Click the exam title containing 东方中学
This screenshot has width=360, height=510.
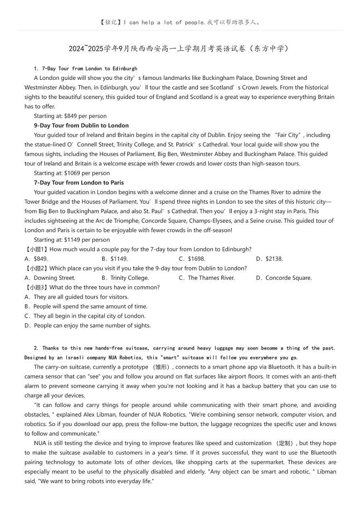[179, 49]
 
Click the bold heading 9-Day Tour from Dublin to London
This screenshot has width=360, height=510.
[81, 125]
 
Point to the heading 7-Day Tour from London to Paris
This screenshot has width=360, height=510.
[78, 182]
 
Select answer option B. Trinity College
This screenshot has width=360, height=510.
[125, 278]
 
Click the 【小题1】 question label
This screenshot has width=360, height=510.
[36, 249]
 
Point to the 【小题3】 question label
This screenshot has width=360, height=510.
[36, 287]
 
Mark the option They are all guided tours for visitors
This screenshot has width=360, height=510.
[77, 297]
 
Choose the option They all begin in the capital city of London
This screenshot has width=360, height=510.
[85, 316]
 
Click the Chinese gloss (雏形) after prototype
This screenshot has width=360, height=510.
[161, 367]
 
